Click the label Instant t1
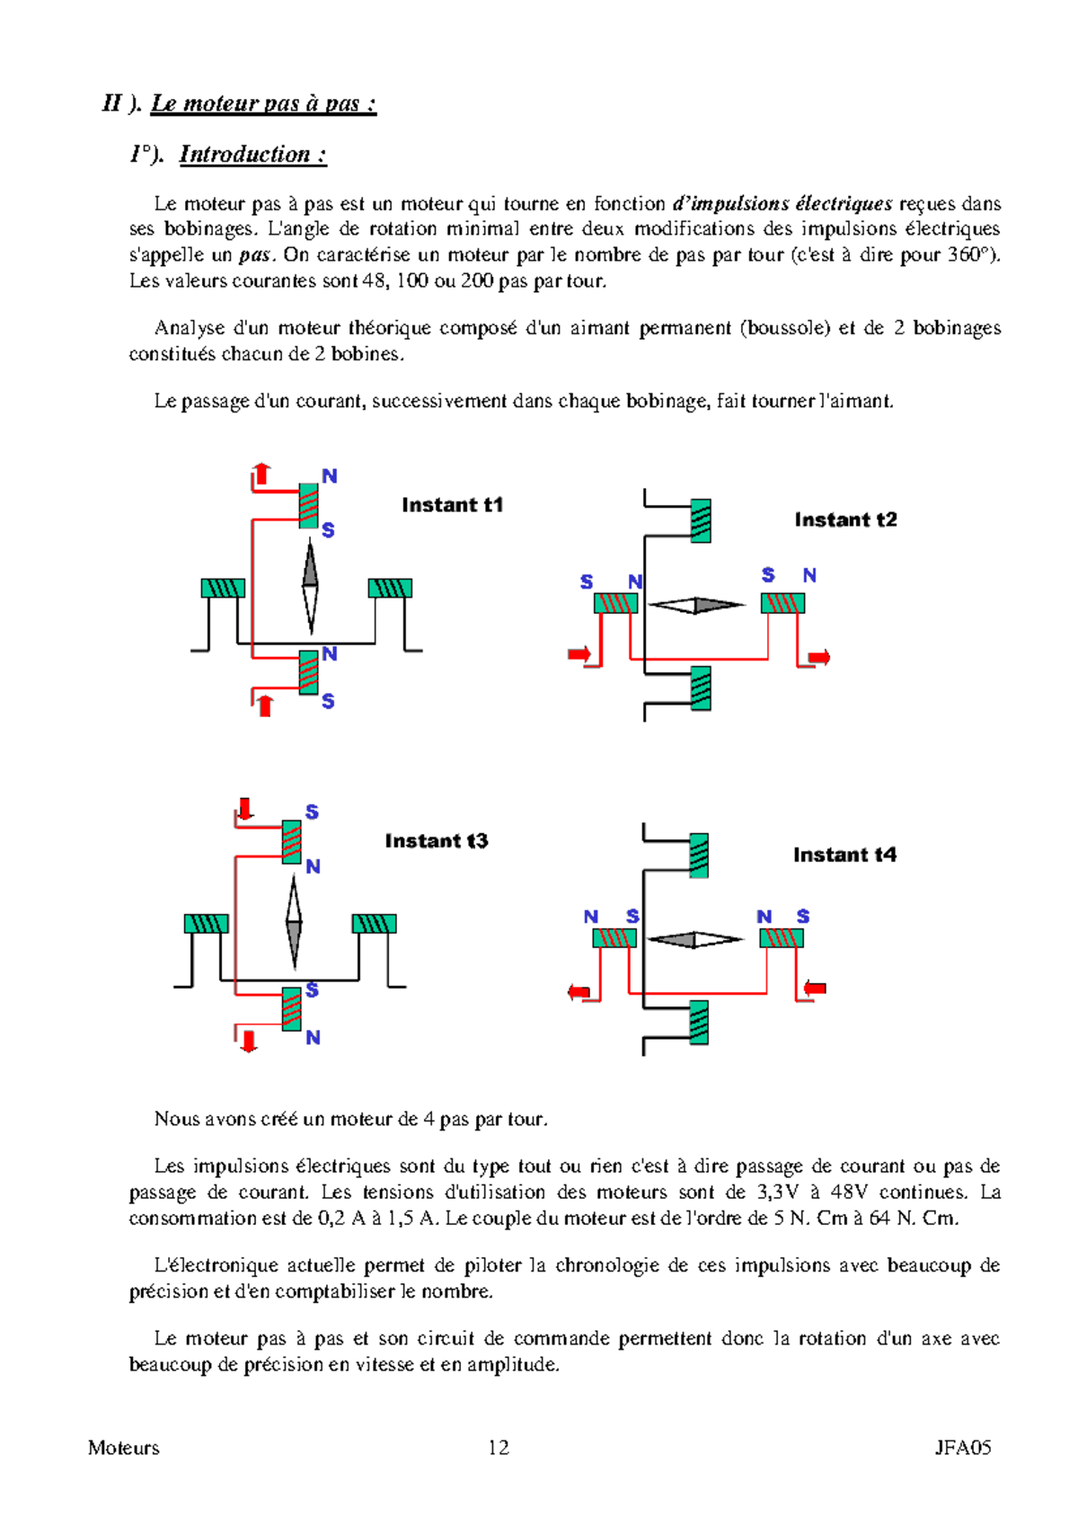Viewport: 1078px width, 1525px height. (x=452, y=505)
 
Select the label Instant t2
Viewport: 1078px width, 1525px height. (x=845, y=519)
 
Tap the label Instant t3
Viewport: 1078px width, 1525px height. (x=436, y=841)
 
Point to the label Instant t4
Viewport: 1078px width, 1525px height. (x=844, y=855)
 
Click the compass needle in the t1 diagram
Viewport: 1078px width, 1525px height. (x=310, y=586)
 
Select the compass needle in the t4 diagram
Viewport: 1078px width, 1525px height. (x=694, y=940)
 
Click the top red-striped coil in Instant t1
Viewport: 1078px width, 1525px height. (x=308, y=505)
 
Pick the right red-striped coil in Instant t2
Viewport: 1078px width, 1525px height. (x=782, y=603)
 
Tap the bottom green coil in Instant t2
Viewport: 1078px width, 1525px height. (x=701, y=688)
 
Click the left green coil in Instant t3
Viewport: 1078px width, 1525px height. (x=206, y=924)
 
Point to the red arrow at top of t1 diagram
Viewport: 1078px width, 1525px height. (x=261, y=474)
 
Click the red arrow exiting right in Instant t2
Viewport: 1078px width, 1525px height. (x=818, y=658)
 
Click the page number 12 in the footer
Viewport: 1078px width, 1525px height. (x=499, y=1448)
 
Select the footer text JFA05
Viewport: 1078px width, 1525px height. (x=962, y=1448)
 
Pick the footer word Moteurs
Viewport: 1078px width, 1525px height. (x=124, y=1448)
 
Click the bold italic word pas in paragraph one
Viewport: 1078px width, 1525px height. (x=254, y=255)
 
